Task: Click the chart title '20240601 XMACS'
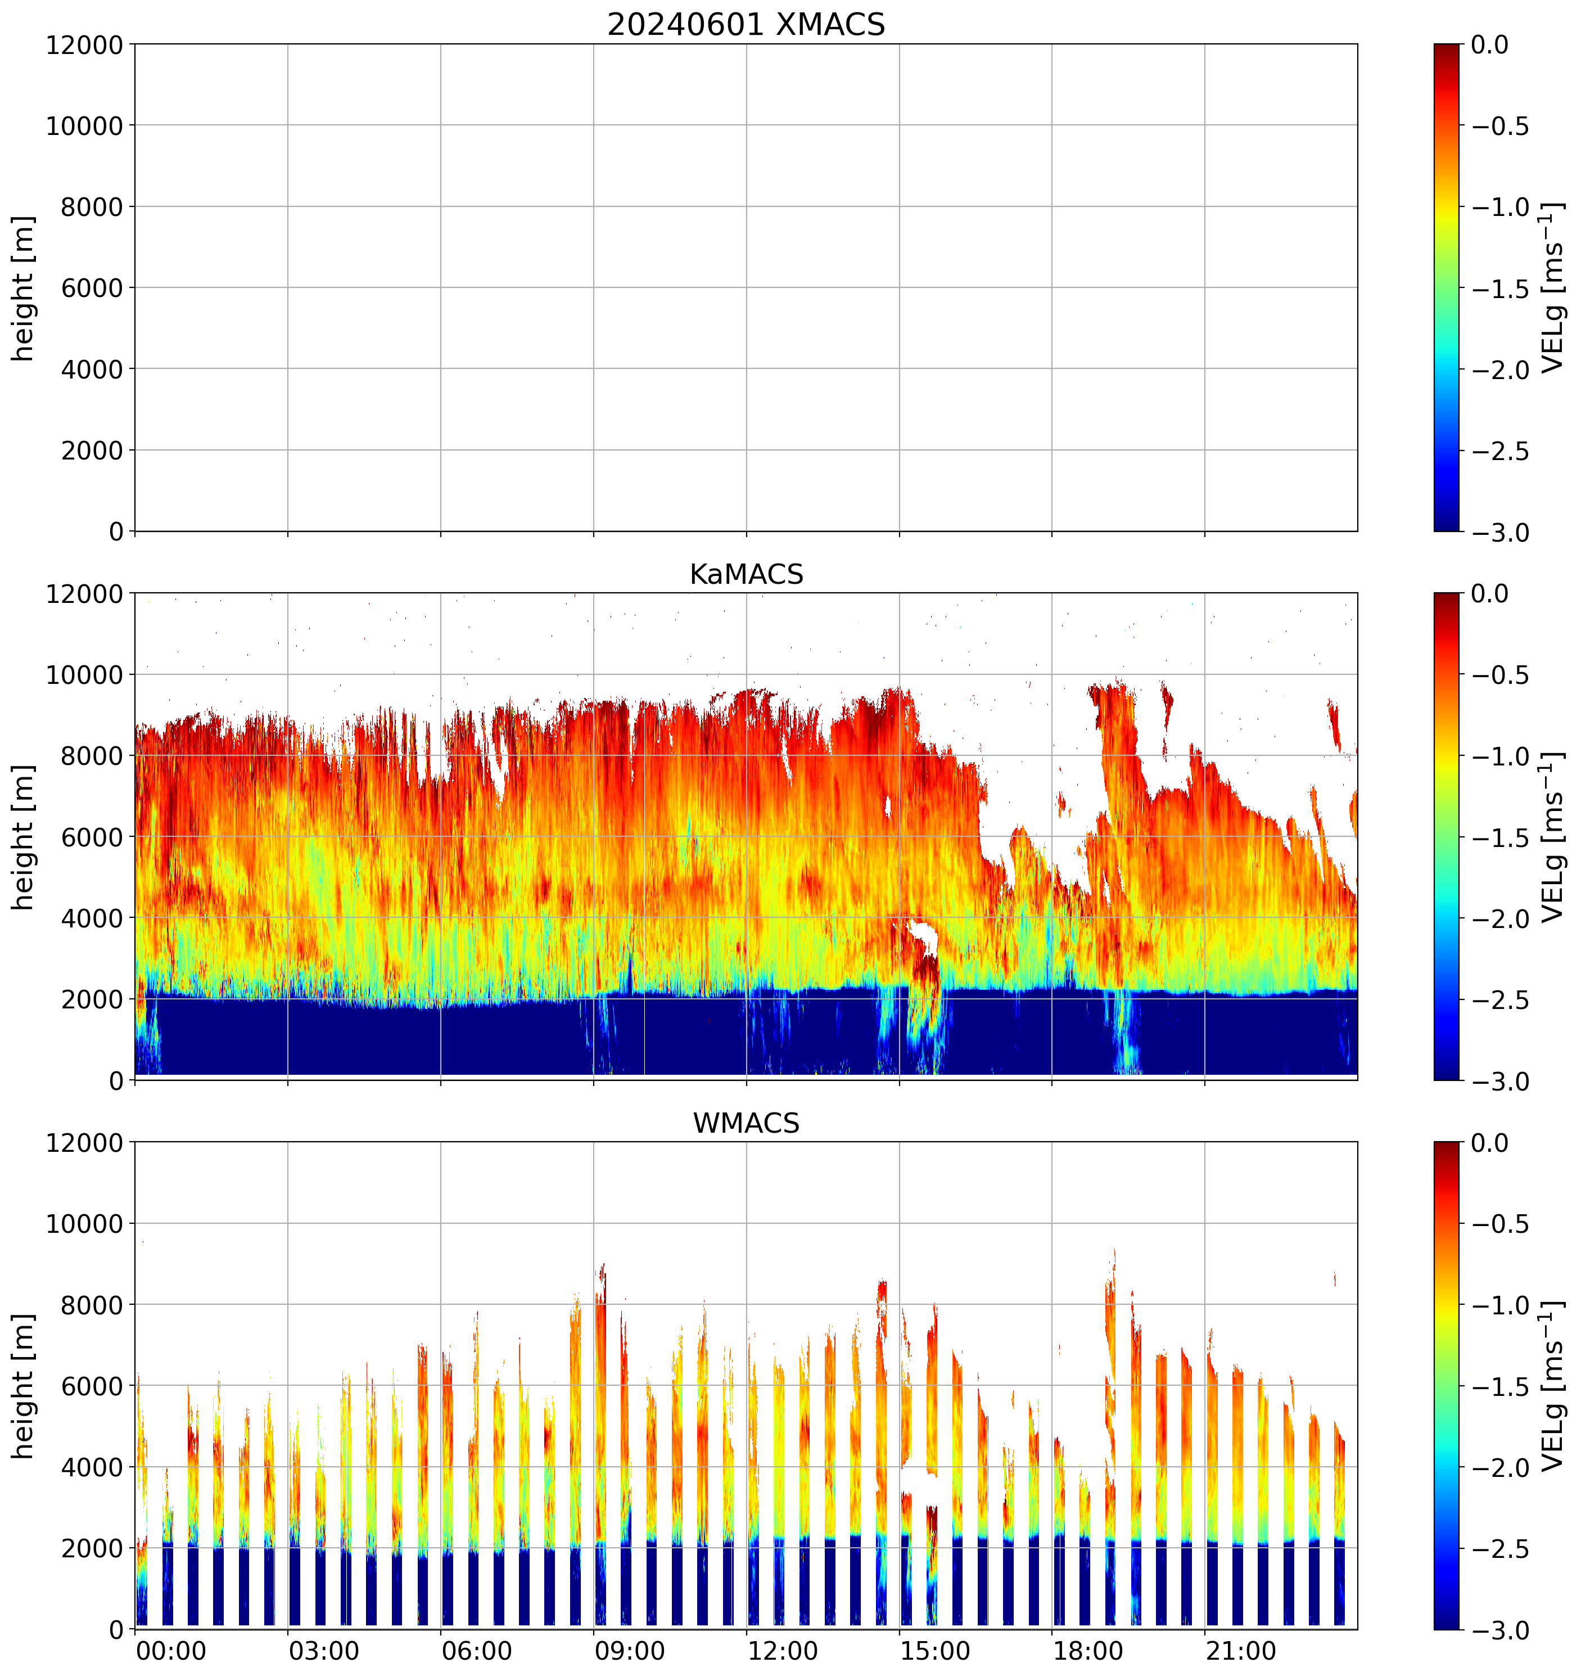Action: point(746,24)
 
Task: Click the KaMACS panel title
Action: point(746,574)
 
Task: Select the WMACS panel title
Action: point(746,1123)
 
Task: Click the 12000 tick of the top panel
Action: point(84,44)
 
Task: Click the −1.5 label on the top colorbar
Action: point(1500,289)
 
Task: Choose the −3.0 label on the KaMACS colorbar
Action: point(1500,1082)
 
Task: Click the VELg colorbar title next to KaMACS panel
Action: point(1552,837)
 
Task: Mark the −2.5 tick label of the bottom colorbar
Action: point(1500,1549)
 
